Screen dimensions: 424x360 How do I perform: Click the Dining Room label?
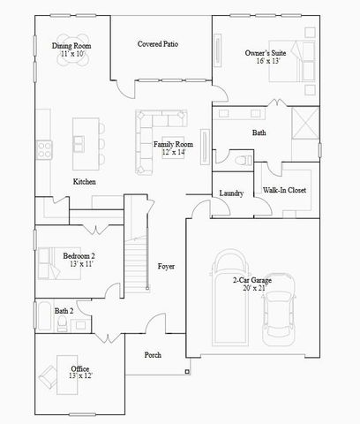(x=71, y=46)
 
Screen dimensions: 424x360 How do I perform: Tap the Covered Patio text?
(x=160, y=43)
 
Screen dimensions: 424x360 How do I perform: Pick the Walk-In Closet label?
(x=285, y=190)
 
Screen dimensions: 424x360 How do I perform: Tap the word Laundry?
(x=231, y=193)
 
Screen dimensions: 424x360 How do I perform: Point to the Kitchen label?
(x=85, y=182)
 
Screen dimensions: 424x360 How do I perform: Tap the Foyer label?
(x=166, y=266)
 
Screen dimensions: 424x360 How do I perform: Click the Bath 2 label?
(x=64, y=311)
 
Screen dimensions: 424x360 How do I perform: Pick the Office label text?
(x=80, y=368)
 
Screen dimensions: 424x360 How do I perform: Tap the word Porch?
(x=153, y=355)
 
